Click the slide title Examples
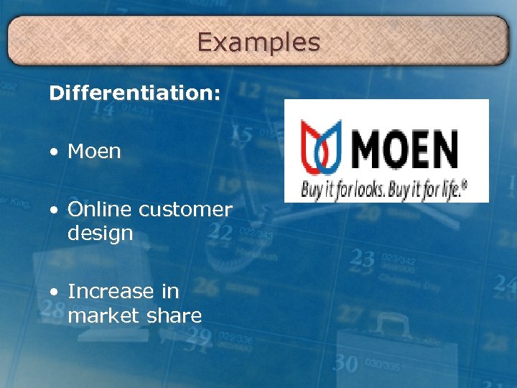(x=258, y=42)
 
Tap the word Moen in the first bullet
(x=94, y=152)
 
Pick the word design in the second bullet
(x=100, y=233)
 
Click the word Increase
(x=111, y=291)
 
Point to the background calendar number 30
(x=345, y=364)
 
